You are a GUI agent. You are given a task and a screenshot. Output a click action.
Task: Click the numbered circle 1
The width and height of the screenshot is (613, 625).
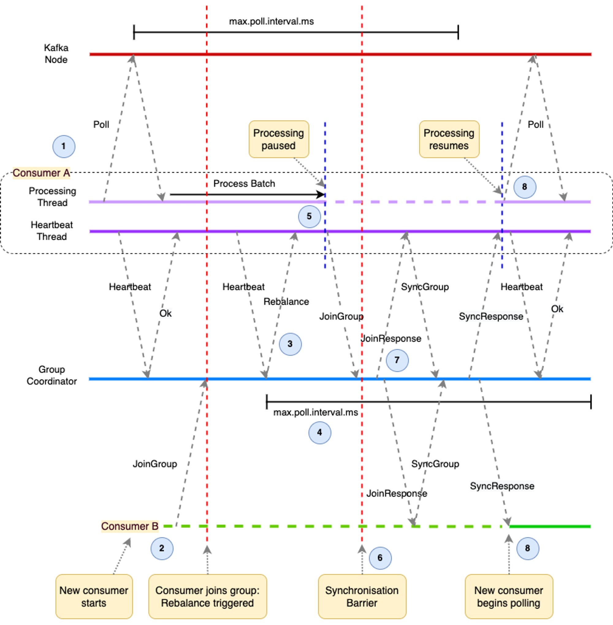(x=64, y=147)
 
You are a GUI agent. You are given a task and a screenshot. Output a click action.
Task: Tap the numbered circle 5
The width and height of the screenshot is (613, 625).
(x=309, y=216)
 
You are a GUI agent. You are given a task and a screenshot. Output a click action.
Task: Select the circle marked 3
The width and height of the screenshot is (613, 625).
(x=290, y=344)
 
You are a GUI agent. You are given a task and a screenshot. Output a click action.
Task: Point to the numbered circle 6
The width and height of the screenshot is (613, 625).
(x=380, y=558)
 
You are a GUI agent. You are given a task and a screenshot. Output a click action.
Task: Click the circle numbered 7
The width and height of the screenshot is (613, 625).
(x=397, y=360)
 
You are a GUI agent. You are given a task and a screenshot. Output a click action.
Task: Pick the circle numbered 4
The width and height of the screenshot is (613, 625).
(x=320, y=433)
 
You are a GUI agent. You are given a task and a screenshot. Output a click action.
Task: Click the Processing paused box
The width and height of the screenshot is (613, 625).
(x=279, y=139)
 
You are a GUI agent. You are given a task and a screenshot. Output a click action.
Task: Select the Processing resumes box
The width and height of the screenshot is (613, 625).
(x=449, y=139)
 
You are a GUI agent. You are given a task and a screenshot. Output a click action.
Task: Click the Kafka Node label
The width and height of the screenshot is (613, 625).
(x=56, y=54)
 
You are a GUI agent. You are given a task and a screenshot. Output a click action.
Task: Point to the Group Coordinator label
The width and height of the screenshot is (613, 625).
(x=51, y=375)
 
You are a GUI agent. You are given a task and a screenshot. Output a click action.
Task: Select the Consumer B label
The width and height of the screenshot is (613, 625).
(x=130, y=526)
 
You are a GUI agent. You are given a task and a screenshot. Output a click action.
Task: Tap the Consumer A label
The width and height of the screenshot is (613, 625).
(x=41, y=173)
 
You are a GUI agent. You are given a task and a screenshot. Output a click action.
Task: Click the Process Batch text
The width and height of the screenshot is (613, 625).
(x=244, y=184)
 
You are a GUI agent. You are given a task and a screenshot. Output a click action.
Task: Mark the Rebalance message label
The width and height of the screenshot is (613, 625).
(x=286, y=302)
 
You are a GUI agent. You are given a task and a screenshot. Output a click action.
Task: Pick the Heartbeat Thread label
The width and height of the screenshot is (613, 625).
(x=51, y=231)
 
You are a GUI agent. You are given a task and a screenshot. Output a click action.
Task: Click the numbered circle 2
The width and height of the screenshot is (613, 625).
(x=162, y=548)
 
